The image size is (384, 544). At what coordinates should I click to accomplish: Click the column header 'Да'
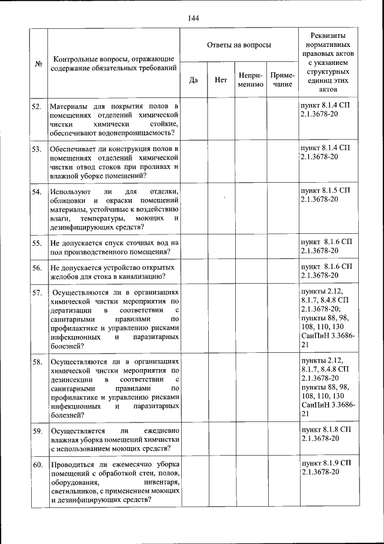tap(193, 80)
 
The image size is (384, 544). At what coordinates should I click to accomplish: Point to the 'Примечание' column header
tap(282, 80)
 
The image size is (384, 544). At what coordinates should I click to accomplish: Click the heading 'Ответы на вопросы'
tap(238, 45)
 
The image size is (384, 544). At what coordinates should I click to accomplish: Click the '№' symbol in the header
tap(38, 64)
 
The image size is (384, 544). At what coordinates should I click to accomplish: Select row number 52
tap(37, 106)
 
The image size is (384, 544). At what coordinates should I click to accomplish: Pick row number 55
tap(37, 243)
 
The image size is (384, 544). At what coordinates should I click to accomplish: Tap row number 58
tap(37, 362)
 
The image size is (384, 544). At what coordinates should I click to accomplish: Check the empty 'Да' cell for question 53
tap(193, 161)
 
